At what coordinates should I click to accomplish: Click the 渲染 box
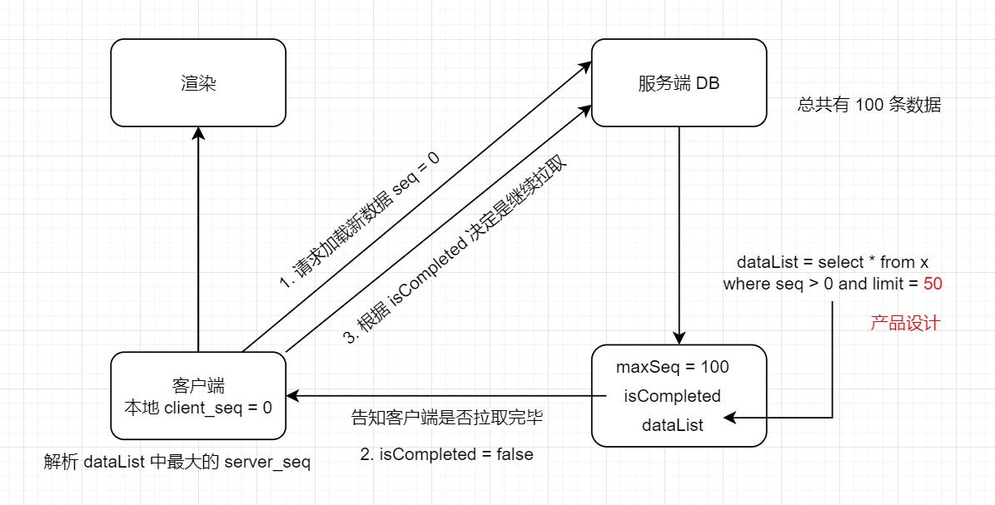[198, 82]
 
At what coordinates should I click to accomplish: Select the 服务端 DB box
[679, 82]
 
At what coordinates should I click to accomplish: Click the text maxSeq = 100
[672, 367]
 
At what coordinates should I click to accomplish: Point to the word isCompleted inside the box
[672, 396]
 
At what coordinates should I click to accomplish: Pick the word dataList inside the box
[672, 425]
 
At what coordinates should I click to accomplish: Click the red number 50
[933, 284]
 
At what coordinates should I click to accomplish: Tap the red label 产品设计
[905, 323]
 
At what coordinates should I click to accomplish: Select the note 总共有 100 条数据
[869, 106]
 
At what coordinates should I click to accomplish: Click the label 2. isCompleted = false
[446, 454]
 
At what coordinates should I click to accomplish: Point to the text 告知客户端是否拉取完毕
[447, 418]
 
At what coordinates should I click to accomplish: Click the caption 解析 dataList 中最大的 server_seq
[177, 463]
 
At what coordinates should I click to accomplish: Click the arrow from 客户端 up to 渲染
[198, 241]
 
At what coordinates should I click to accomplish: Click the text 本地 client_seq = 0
[198, 408]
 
